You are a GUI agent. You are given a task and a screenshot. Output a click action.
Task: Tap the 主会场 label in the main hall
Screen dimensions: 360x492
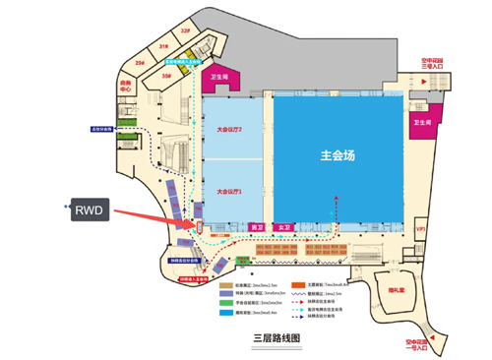(x=338, y=155)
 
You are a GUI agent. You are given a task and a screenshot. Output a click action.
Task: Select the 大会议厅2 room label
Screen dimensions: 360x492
(x=228, y=129)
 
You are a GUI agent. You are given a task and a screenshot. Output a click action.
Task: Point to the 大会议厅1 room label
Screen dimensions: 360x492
(x=228, y=190)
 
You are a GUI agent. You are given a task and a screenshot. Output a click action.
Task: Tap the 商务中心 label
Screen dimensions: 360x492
(x=126, y=85)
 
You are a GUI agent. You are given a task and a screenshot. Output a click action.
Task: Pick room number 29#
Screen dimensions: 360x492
(x=141, y=63)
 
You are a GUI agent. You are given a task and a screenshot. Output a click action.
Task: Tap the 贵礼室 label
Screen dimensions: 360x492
(x=399, y=292)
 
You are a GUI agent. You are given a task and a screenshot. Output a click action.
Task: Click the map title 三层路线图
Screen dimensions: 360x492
(x=276, y=337)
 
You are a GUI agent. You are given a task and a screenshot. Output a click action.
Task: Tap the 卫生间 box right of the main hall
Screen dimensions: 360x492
(x=424, y=124)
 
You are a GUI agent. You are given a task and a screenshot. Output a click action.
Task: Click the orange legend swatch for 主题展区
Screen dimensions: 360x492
(x=296, y=282)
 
